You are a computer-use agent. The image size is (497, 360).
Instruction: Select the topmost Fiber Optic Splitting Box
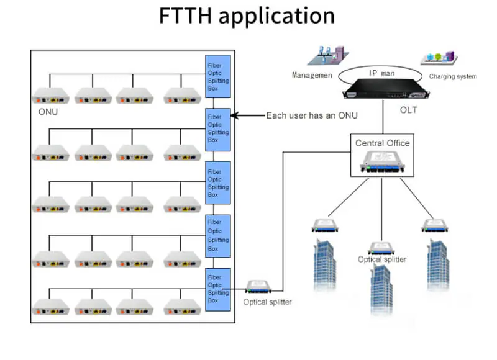(x=218, y=76)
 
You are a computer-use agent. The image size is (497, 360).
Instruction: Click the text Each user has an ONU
(x=311, y=115)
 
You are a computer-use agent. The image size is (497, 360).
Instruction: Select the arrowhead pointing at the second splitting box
(x=235, y=115)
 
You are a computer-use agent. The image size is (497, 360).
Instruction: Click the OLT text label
(x=408, y=110)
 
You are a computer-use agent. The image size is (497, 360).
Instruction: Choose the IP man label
(x=381, y=73)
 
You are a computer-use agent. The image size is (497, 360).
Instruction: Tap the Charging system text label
(x=453, y=76)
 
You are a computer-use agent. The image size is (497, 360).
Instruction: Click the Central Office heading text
(x=382, y=143)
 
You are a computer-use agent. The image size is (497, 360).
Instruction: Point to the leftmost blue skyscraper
(x=324, y=264)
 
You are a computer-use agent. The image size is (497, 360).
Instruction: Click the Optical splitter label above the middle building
(x=382, y=259)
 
